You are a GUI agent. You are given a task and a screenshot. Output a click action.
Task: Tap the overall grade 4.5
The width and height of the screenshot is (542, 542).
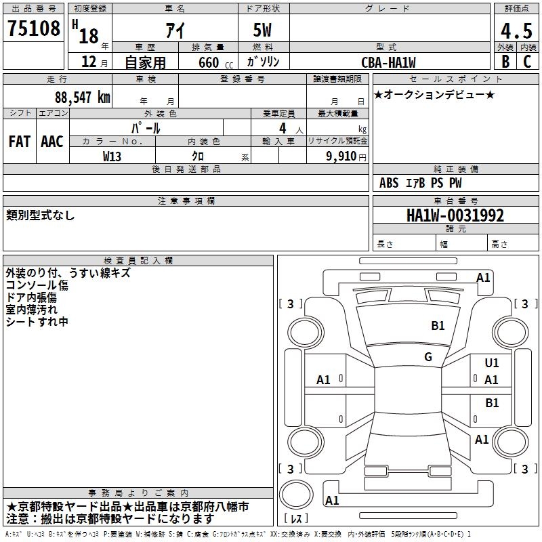[515, 30]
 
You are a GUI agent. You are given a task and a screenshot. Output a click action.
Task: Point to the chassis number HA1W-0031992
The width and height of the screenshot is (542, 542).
[455, 215]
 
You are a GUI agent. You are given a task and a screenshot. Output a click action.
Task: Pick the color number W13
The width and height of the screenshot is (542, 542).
[113, 156]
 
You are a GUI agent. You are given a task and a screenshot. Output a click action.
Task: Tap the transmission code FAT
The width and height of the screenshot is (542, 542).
[20, 142]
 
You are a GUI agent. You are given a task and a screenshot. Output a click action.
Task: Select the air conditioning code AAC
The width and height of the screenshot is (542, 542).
[52, 142]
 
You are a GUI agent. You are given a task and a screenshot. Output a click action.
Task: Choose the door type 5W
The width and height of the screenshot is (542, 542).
[263, 31]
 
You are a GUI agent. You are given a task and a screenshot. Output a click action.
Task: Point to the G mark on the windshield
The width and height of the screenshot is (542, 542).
[428, 356]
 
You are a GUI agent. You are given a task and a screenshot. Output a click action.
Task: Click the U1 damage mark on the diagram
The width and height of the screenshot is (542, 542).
[492, 363]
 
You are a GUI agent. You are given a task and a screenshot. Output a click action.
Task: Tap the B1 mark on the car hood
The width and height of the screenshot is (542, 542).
[438, 326]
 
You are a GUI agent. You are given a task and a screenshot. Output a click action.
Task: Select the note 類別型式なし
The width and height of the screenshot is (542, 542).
[41, 215]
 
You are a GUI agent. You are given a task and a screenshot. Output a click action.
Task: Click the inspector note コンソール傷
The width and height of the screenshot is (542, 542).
[37, 285]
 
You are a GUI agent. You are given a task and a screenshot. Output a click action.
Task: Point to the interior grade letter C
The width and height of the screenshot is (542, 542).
[526, 62]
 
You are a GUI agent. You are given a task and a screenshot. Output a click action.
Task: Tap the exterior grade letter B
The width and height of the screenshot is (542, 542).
[505, 62]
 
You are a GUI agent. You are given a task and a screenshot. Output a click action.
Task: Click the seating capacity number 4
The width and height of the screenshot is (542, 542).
[282, 128]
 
